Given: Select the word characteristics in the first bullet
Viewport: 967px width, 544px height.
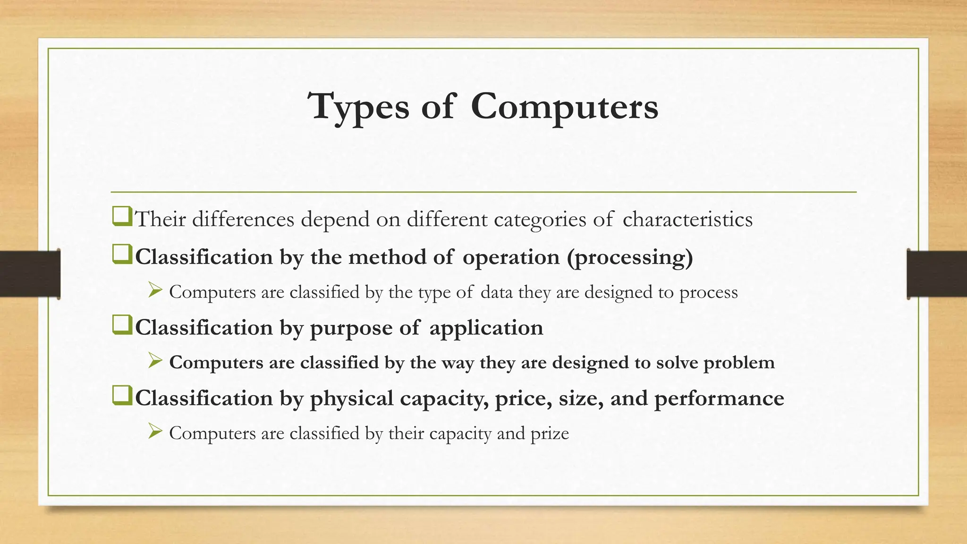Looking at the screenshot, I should pos(687,219).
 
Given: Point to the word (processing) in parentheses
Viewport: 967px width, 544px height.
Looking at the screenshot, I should pos(630,257).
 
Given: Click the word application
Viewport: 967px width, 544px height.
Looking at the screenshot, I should pos(486,328).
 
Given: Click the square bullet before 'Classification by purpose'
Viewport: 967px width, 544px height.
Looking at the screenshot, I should pos(122,326).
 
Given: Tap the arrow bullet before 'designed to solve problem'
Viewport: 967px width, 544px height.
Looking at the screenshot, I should pos(155,360).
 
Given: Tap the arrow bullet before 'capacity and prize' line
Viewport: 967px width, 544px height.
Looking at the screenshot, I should pos(155,431).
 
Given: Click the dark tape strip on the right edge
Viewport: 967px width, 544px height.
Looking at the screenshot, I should pos(937,274).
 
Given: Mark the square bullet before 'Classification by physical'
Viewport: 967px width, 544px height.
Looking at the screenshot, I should pos(122,396).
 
